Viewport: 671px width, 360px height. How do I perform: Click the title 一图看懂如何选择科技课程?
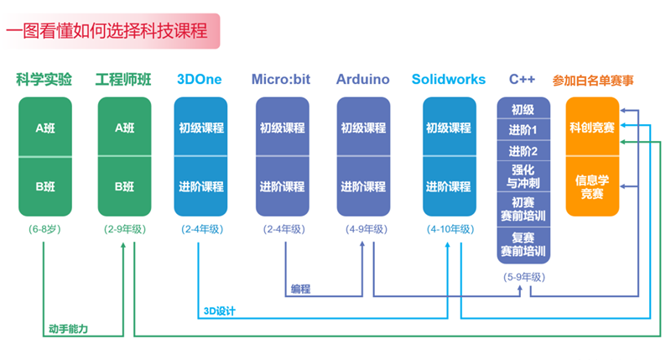tap(107, 31)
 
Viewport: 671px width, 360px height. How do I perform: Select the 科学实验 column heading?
tap(44, 79)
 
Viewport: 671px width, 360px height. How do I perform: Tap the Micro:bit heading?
tap(281, 79)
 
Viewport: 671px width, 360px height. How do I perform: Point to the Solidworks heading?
tap(449, 79)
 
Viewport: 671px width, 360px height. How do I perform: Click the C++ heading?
tap(522, 79)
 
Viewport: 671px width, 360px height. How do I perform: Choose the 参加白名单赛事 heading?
tap(593, 81)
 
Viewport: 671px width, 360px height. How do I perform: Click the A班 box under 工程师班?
tap(124, 127)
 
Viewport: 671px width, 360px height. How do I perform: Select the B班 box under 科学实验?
tap(45, 186)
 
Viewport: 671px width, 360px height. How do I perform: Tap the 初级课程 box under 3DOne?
tap(200, 127)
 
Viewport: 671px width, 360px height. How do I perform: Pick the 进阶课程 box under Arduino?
tap(363, 186)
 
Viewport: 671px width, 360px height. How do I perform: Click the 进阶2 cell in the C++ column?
tap(523, 151)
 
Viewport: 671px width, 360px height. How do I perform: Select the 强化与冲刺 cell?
tap(523, 176)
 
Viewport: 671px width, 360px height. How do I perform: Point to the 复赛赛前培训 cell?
tap(523, 245)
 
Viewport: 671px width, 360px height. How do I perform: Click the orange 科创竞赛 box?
tap(593, 127)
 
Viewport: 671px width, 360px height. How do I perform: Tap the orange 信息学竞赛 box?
tap(593, 186)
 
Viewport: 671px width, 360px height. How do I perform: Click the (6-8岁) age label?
tap(45, 229)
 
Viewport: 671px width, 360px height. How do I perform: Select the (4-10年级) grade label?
tap(450, 229)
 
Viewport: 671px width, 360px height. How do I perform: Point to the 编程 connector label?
tap(300, 289)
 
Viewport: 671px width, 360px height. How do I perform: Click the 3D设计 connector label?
tap(220, 311)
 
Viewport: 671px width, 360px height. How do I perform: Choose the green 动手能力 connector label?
tap(69, 329)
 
